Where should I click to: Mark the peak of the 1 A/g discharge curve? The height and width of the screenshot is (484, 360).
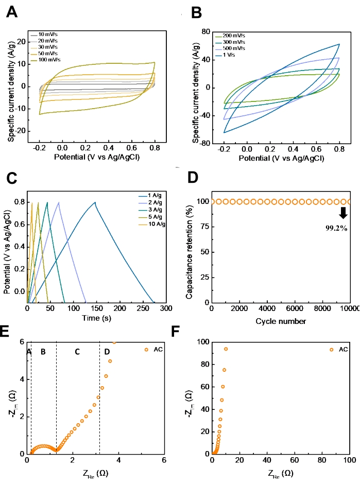[95, 202]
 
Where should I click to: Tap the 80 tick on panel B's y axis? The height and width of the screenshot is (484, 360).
[204, 32]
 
